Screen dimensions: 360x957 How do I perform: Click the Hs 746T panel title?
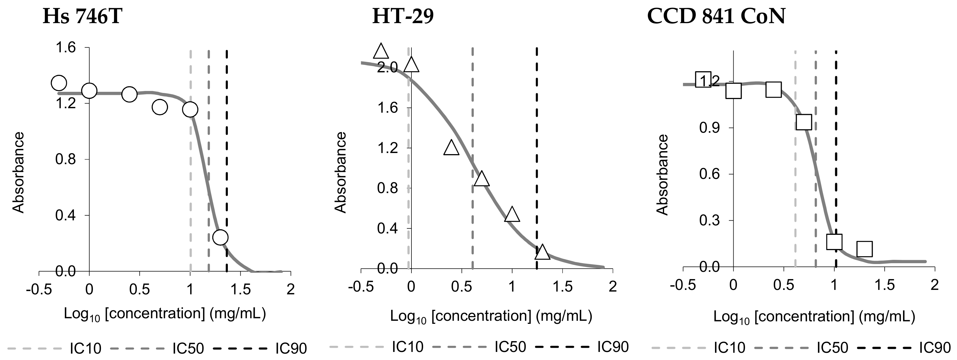82,17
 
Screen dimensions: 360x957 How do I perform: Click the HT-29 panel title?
403,17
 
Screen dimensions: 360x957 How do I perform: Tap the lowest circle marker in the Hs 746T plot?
220,237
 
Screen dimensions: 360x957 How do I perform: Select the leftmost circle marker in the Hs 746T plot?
59,83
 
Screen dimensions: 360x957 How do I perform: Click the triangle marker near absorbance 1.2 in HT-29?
452,147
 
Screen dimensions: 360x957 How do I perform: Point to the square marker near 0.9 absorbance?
803,122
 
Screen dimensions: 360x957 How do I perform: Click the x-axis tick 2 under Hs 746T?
290,289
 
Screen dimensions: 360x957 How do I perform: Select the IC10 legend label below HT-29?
408,347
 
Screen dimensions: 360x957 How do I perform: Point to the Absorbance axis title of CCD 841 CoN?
662,175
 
